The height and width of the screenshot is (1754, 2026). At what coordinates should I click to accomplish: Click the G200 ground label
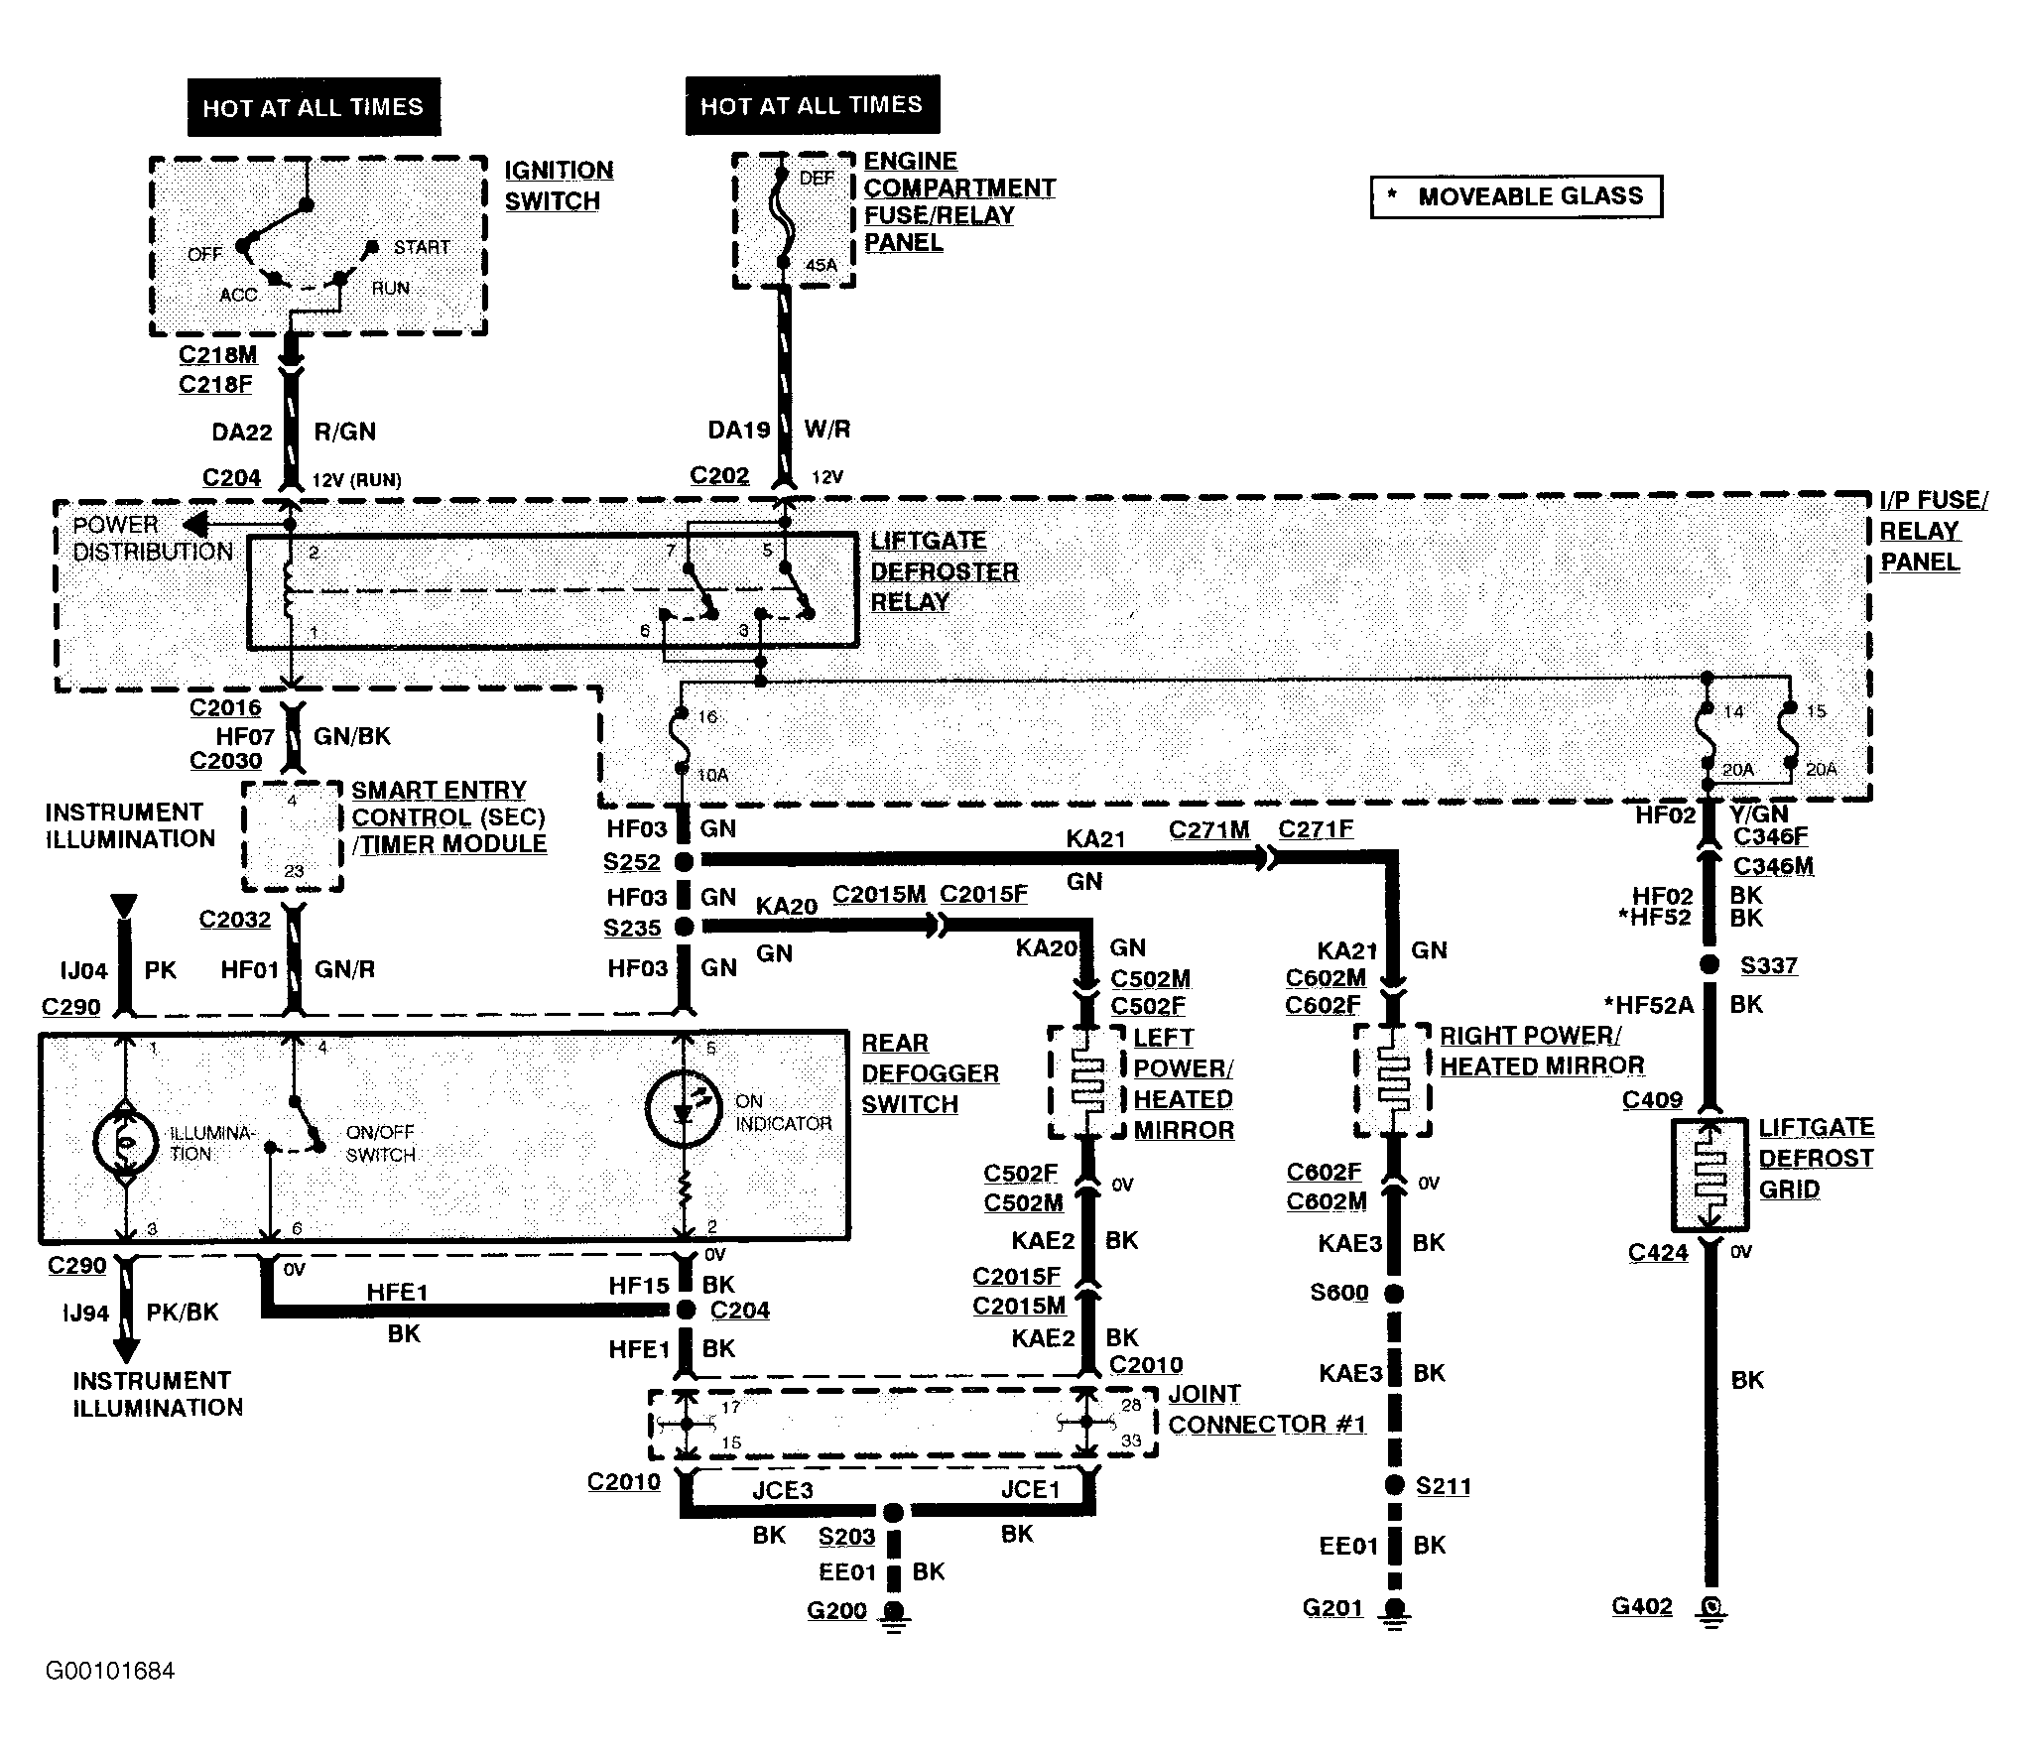[x=836, y=1609]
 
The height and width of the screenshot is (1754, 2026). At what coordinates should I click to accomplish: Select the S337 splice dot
[x=1709, y=963]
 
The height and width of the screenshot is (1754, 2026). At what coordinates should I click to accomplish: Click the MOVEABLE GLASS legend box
[x=1516, y=196]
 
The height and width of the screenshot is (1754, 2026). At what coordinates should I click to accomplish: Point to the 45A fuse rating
[x=821, y=265]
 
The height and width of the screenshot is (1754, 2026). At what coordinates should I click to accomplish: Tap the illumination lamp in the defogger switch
[x=126, y=1143]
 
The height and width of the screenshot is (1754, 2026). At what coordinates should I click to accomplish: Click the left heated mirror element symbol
[x=1087, y=1081]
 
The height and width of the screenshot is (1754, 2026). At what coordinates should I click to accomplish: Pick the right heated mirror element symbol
[x=1393, y=1079]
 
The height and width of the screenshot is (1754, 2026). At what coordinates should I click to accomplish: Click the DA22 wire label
[x=241, y=433]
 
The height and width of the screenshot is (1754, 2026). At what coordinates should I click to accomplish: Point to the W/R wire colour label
[x=827, y=430]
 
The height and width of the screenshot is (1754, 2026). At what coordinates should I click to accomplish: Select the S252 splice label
[x=632, y=862]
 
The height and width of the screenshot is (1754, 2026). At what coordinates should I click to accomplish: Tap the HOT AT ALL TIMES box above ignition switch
[x=314, y=107]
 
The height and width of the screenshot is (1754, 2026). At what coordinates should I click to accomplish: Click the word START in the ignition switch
[x=422, y=247]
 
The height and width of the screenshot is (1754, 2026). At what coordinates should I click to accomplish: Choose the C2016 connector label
[x=225, y=707]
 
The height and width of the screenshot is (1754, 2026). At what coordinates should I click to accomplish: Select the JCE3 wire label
[x=782, y=1489]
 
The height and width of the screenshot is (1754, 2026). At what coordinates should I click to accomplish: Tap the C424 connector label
[x=1657, y=1253]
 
